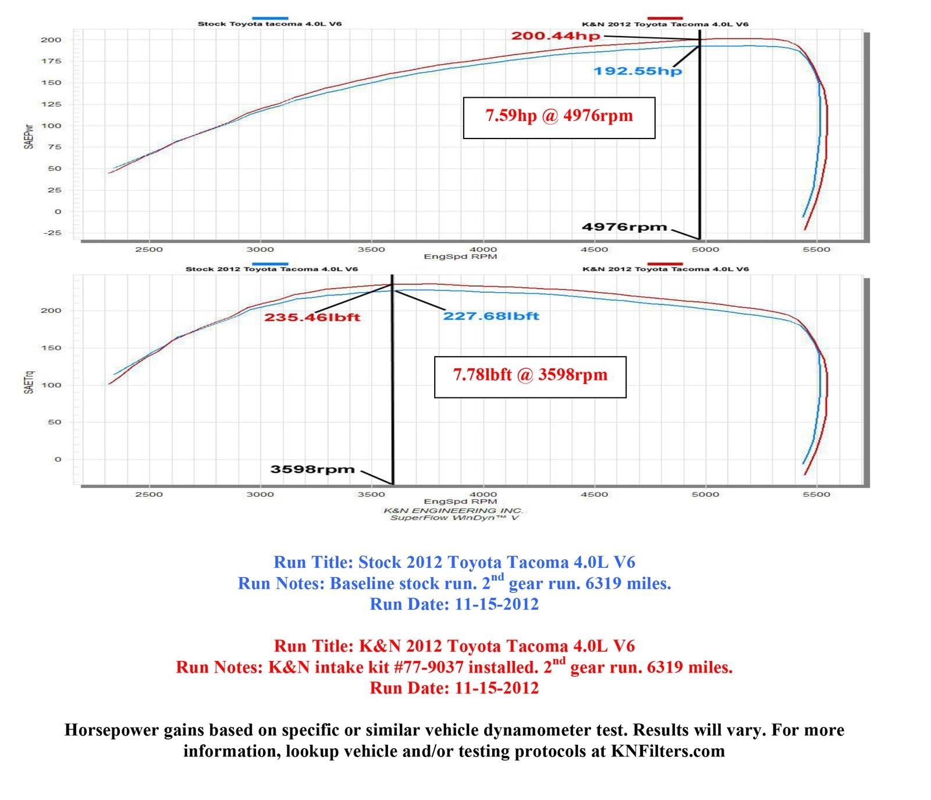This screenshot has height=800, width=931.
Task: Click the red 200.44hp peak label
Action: coord(555,36)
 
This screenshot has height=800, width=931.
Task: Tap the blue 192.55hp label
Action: coord(637,72)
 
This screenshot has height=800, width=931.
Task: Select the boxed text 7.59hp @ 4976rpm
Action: coord(559,116)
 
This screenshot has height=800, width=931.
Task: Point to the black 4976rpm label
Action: coord(624,227)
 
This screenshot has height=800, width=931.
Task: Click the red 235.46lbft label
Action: coord(312,318)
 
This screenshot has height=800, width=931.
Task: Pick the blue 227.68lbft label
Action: coord(491,317)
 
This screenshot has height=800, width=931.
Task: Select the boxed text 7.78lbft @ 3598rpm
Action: coord(530,375)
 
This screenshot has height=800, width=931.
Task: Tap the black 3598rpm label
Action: coord(312,470)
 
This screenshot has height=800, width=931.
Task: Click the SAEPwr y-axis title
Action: coord(29,136)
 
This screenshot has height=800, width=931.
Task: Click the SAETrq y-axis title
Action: coord(29,382)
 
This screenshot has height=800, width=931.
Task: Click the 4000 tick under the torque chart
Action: coord(482,495)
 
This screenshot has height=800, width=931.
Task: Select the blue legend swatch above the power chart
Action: coord(270,18)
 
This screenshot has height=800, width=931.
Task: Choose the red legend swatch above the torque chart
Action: coord(665,264)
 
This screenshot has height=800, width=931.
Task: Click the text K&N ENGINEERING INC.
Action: coord(453,510)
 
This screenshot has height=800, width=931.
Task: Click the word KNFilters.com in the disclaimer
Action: coord(667,751)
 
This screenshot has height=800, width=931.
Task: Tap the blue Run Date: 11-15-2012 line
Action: coord(454,605)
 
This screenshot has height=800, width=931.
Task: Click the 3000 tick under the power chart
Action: coord(260,250)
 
